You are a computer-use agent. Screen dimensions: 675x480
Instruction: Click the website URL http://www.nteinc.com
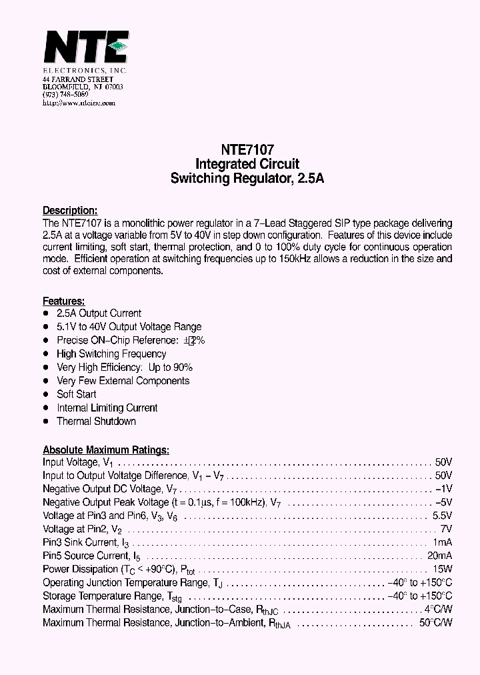click(79, 103)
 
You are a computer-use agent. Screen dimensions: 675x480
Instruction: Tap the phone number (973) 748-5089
click(65, 95)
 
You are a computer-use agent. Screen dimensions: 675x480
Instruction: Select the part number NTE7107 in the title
click(247, 151)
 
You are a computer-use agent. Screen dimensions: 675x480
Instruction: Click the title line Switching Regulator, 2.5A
click(247, 178)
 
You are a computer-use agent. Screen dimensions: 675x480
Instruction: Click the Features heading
click(64, 301)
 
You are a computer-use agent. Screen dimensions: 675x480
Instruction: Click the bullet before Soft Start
click(46, 394)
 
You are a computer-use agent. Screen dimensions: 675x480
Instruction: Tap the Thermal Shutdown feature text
click(96, 421)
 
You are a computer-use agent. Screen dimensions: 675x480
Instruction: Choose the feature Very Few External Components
click(123, 381)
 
